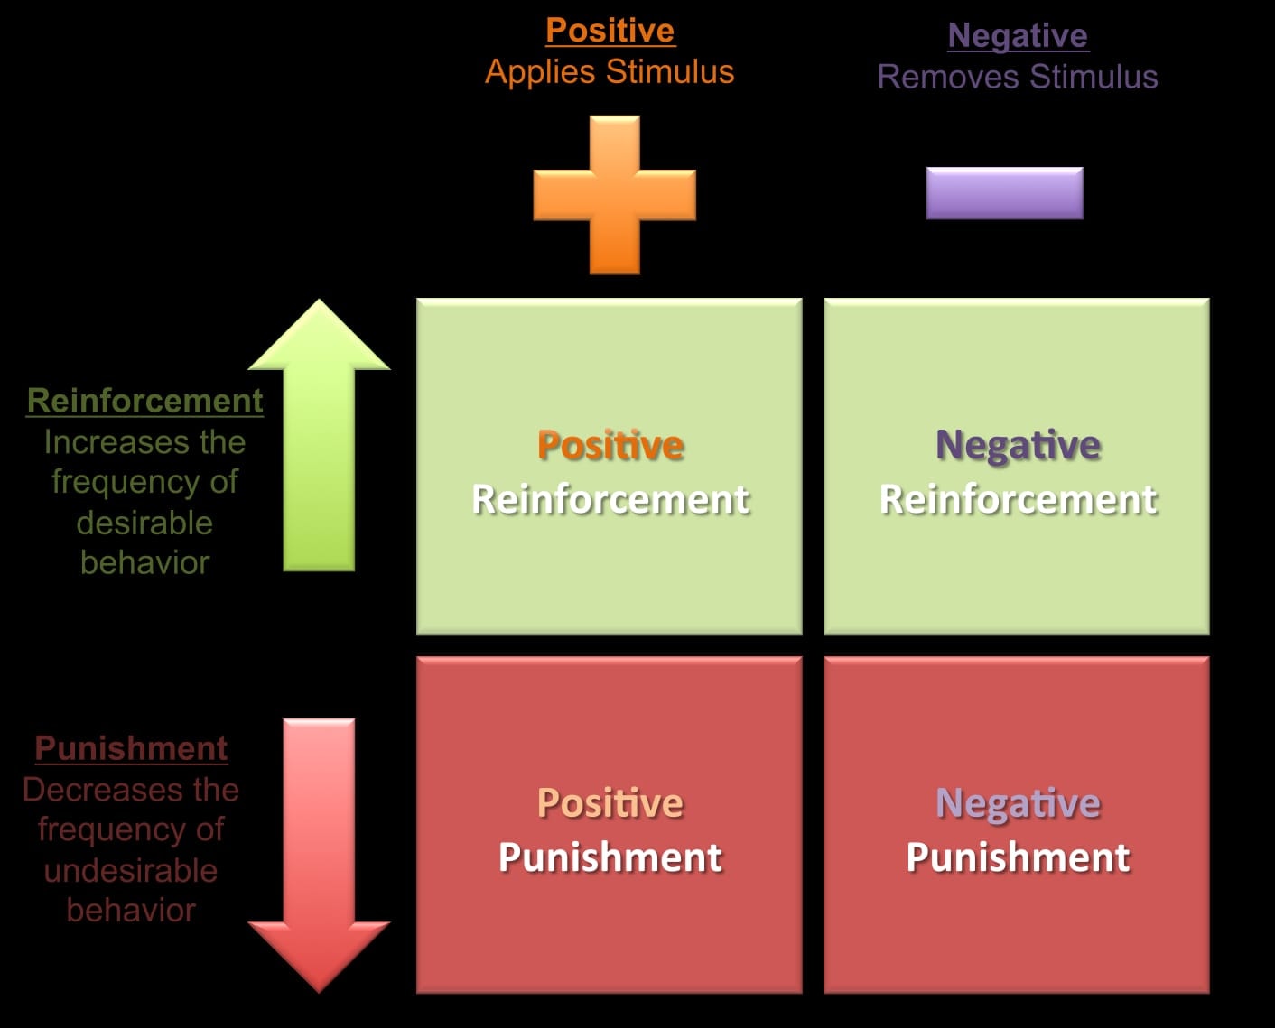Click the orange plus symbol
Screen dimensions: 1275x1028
click(614, 195)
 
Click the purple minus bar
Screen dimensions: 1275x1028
click(1005, 193)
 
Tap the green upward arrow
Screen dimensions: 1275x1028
click(319, 435)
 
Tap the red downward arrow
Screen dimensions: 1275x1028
click(319, 855)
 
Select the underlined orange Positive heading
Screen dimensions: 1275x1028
click(610, 31)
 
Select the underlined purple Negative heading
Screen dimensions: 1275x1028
click(1018, 36)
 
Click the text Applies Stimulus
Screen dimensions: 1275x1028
click(610, 72)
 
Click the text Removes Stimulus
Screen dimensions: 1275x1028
click(1018, 77)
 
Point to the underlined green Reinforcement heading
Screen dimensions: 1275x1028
click(144, 401)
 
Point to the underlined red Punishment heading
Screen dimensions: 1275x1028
click(131, 748)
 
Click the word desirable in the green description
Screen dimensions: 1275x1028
click(144, 523)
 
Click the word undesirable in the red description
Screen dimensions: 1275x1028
click(131, 871)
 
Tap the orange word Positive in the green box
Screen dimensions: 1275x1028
click(610, 445)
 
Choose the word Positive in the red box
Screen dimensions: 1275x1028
click(610, 803)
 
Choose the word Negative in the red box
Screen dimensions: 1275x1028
click(1018, 805)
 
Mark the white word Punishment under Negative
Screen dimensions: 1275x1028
click(1018, 857)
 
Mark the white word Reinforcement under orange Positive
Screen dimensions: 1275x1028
click(610, 500)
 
